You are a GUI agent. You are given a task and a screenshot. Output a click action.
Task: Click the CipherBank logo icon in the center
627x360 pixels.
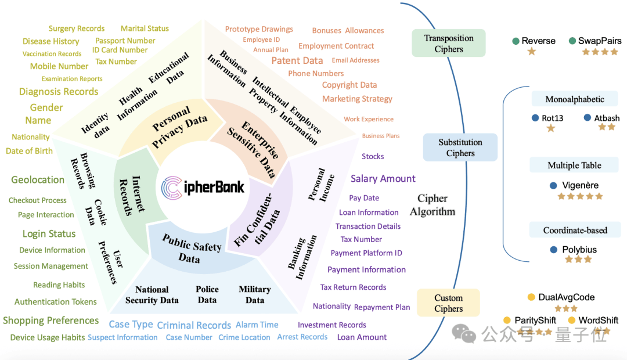pos(172,188)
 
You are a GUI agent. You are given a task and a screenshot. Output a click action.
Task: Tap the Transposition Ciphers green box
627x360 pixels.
pos(449,43)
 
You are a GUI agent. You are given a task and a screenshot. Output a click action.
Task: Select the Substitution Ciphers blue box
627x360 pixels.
pos(460,147)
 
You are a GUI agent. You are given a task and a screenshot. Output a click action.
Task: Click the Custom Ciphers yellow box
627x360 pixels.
pos(448,303)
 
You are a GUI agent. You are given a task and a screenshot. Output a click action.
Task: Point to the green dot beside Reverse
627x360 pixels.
pos(516,41)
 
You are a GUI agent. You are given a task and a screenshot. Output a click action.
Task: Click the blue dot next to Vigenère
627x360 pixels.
pos(553,186)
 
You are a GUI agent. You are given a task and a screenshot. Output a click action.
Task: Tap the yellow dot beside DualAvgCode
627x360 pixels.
pos(531,297)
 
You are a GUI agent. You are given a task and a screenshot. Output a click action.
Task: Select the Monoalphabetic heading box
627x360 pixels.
pos(575,99)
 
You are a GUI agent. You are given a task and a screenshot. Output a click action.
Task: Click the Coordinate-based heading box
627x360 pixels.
pos(575,230)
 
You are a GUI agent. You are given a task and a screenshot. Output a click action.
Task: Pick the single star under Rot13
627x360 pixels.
pos(551,128)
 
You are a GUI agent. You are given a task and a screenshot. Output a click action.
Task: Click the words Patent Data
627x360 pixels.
pos(297,60)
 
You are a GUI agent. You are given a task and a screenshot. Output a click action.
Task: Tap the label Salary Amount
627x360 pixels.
pos(383,178)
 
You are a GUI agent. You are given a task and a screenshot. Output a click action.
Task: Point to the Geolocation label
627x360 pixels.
pos(38,180)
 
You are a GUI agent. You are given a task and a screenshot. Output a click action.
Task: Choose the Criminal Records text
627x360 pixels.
pos(194,325)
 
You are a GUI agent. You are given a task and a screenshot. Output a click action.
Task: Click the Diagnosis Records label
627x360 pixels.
pos(59,92)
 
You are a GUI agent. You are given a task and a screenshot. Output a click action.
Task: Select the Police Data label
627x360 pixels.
pos(207,294)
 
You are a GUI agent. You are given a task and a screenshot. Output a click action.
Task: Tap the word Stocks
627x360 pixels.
pos(373,156)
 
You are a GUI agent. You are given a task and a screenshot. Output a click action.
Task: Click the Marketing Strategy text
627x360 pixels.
pos(357,99)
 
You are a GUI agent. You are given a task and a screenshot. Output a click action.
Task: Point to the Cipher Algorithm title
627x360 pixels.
pos(433,205)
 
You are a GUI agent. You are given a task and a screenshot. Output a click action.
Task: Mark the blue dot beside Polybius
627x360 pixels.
pos(554,250)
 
